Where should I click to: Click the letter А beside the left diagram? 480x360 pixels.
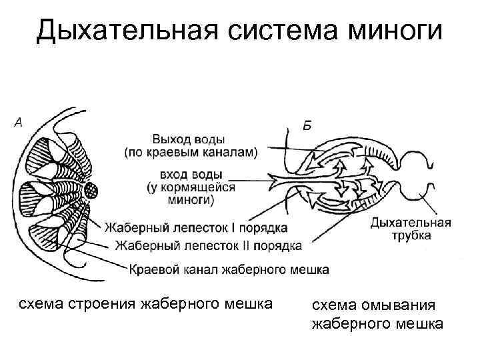[19, 122]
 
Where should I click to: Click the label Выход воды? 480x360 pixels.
[189, 139]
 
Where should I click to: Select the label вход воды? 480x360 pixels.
[190, 174]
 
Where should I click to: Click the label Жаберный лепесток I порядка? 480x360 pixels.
[195, 228]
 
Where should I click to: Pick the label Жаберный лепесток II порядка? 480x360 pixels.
[208, 246]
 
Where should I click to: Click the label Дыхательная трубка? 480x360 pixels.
[410, 229]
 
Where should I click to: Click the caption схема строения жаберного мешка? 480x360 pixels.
[145, 305]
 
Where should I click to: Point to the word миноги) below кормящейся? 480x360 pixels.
[190, 199]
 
